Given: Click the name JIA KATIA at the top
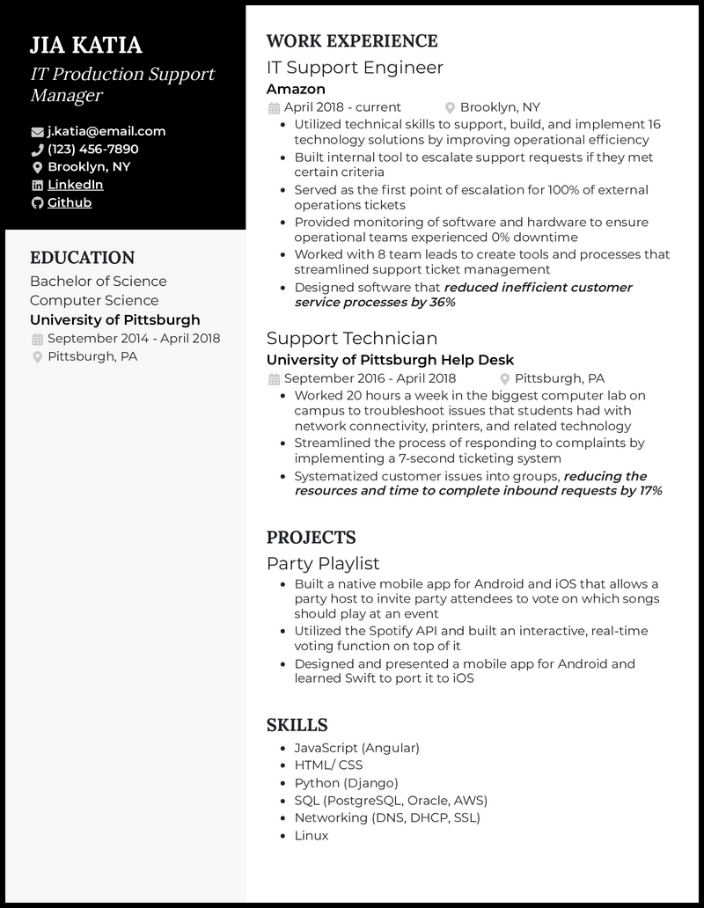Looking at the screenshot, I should (86, 46).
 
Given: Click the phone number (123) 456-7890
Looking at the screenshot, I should (93, 149).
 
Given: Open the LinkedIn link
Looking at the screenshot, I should (76, 185).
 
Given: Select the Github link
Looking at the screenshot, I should (70, 202).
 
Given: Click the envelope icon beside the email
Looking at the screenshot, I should (37, 132).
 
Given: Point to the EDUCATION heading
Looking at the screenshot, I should (82, 258).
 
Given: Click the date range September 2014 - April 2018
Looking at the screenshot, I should (134, 339).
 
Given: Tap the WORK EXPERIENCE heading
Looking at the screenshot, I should (351, 41).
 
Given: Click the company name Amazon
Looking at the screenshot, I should (296, 89).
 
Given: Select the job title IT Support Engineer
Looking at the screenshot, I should (355, 68).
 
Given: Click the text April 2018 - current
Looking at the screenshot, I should (342, 107).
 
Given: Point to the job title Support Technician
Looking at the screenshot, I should (352, 338).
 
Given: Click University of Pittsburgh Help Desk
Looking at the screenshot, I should (390, 360).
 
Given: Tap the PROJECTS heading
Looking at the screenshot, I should (311, 538).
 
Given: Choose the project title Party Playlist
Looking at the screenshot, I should (323, 563).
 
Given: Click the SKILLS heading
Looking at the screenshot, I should (297, 725).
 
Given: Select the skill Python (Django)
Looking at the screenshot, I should (346, 783).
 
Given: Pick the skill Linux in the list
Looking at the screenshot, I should (312, 836).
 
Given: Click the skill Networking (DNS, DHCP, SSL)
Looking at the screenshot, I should (387, 818).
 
